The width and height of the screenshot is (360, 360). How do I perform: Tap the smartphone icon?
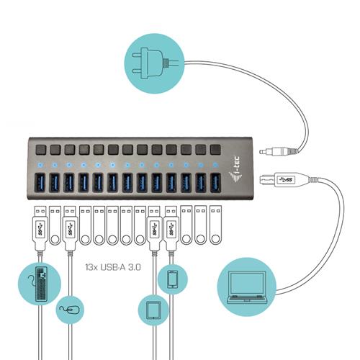tap(172, 279)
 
